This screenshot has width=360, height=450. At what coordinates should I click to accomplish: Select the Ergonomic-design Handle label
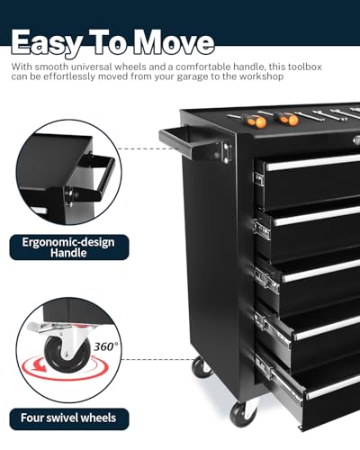(69, 247)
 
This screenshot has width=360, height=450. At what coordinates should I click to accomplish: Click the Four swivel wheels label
(69, 418)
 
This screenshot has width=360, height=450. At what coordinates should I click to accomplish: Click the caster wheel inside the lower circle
(67, 354)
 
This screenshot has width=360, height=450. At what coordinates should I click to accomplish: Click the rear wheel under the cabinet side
(202, 366)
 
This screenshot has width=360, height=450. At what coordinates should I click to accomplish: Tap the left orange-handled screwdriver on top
(251, 120)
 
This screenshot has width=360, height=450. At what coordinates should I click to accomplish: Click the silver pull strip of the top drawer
(312, 163)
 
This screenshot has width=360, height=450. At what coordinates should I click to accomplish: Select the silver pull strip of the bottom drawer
(333, 389)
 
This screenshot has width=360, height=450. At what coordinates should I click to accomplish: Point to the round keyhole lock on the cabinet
(356, 139)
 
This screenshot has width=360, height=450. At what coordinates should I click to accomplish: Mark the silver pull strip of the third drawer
(321, 271)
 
